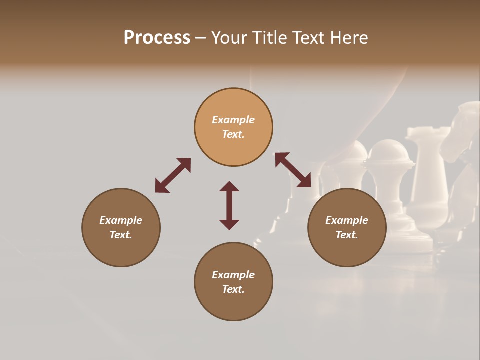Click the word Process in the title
(x=157, y=38)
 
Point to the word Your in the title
(x=229, y=38)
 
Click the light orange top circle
(x=233, y=127)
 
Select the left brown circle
(x=121, y=227)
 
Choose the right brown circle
(x=347, y=227)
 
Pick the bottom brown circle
(x=233, y=282)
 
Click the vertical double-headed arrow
(x=229, y=205)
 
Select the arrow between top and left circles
(x=173, y=175)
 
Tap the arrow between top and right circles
(x=293, y=170)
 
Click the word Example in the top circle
(x=233, y=120)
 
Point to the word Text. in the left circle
(x=121, y=235)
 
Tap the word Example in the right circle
(x=347, y=220)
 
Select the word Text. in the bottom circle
(x=233, y=289)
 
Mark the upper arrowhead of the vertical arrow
(x=229, y=186)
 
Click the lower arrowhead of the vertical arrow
(x=229, y=224)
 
